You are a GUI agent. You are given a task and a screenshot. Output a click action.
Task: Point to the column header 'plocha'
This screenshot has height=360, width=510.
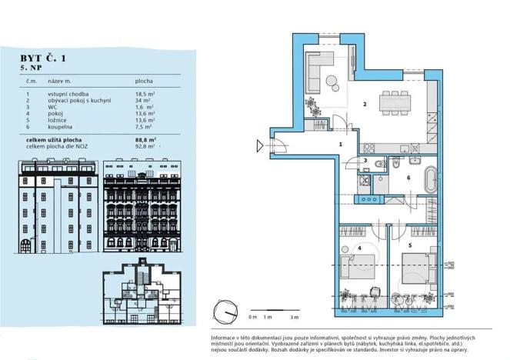coord(143,80)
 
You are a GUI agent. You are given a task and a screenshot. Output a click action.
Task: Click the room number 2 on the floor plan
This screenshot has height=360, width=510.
coord(365,104)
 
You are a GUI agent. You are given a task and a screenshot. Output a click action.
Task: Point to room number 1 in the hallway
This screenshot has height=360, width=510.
coord(339,144)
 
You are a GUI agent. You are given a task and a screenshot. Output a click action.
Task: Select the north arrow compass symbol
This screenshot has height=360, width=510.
coord(225,312)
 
